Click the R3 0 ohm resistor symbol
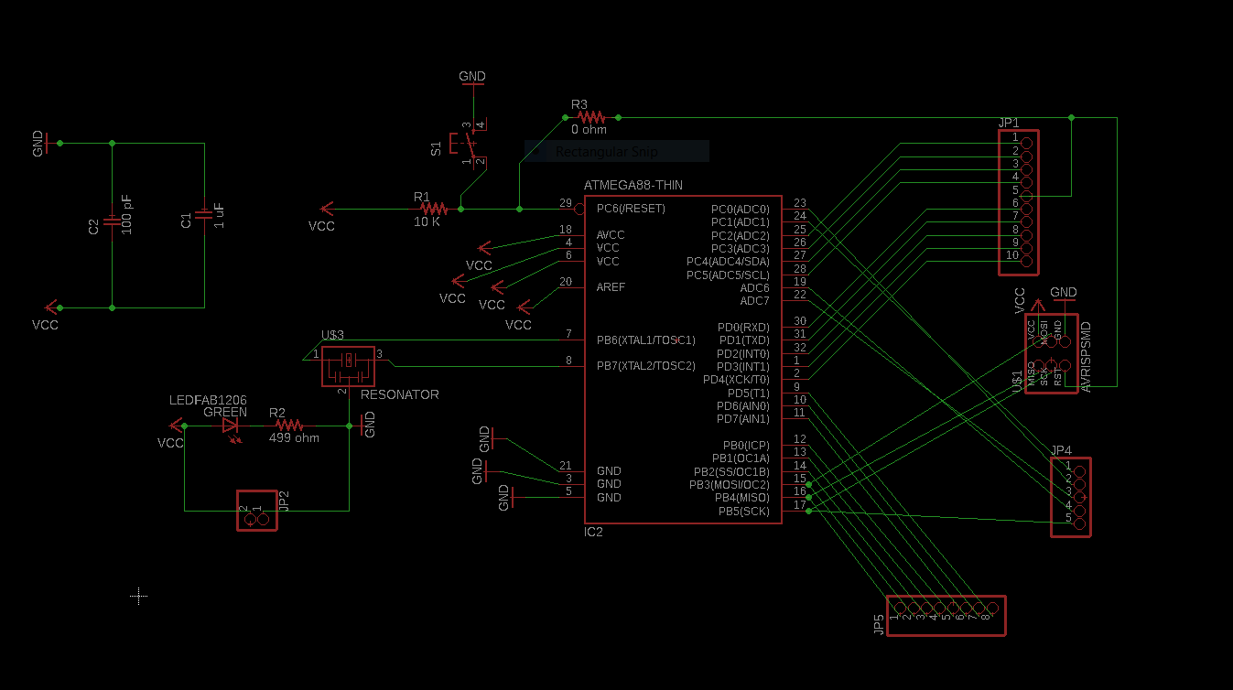(x=590, y=117)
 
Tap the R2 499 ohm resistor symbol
(x=289, y=426)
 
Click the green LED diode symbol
(x=231, y=426)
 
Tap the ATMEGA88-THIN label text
(x=633, y=185)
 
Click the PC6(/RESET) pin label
(x=631, y=209)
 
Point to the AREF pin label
(x=611, y=287)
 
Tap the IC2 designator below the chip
(x=593, y=532)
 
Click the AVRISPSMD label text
(x=1087, y=357)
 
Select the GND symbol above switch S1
(x=472, y=78)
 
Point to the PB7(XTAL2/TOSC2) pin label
(x=645, y=366)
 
